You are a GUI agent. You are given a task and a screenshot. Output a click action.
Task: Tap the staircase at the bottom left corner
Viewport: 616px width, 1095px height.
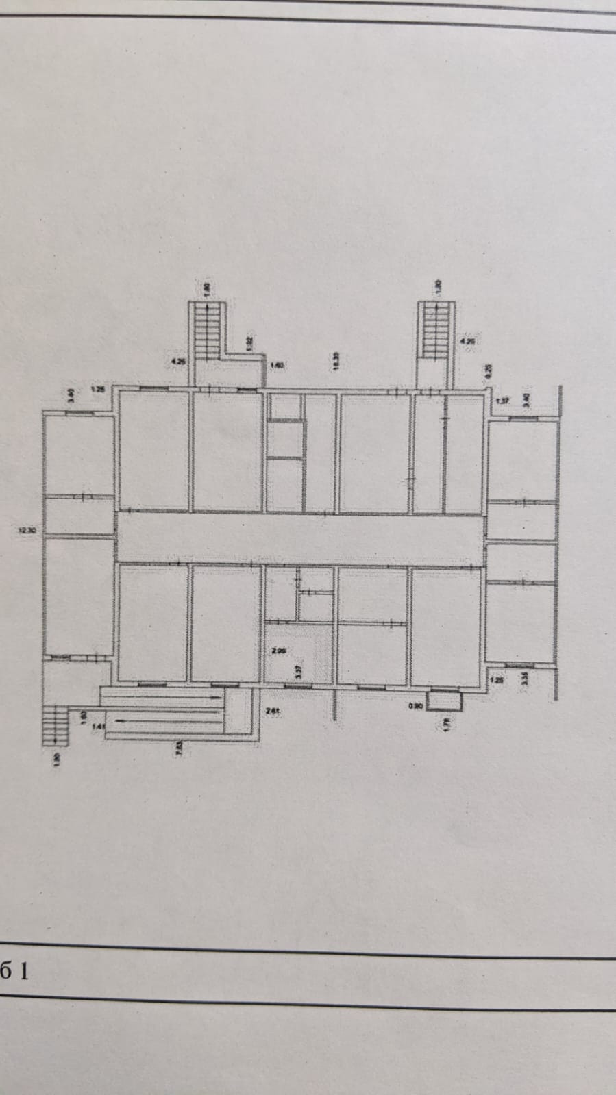point(56,726)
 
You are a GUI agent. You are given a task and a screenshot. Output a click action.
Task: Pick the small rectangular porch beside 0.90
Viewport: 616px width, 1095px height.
point(443,701)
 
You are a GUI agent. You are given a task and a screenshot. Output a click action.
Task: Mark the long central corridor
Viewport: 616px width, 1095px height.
point(299,537)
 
